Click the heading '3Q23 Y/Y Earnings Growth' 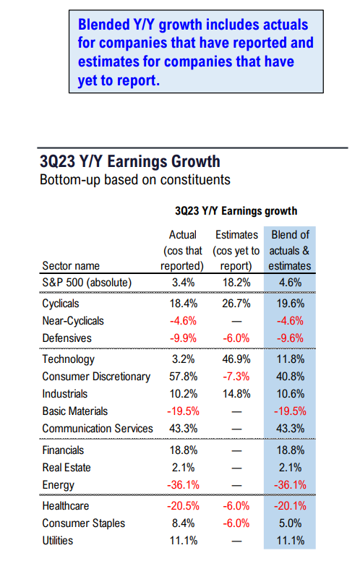tap(129, 160)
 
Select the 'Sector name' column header tap(72, 265)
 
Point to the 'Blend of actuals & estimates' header tap(290, 250)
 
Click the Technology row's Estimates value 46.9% tap(236, 359)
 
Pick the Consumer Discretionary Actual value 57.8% tap(183, 377)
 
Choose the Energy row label tap(59, 484)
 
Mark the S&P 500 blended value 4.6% tap(290, 283)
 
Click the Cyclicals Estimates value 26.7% tap(236, 304)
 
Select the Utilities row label tap(59, 540)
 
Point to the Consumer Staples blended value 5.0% tap(290, 523)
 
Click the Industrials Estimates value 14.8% tap(236, 394)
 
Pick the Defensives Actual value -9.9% tap(183, 338)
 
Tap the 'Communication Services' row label tap(98, 429)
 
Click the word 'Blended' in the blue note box tap(106, 23)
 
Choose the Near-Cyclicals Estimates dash tap(236, 321)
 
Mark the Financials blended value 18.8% tap(290, 450)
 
